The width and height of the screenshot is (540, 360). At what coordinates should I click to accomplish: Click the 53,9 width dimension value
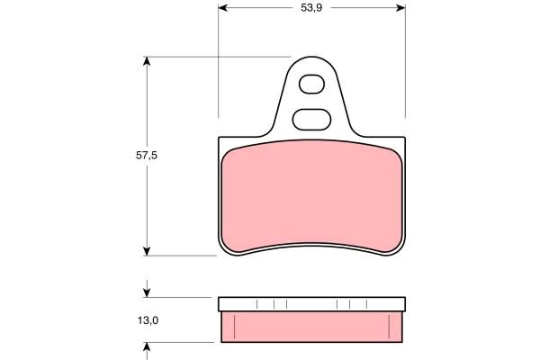point(311,8)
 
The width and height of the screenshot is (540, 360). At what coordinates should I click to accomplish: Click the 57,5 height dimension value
point(147,156)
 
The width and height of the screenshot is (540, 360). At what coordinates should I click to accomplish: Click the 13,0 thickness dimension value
point(148,320)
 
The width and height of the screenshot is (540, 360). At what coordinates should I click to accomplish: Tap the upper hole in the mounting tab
point(311,85)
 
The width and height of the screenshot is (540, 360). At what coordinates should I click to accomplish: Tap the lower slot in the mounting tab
point(311,120)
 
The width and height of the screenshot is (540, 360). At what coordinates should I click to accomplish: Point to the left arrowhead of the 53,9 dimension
point(223,8)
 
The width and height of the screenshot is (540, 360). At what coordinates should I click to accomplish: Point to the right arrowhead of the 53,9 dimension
point(400,8)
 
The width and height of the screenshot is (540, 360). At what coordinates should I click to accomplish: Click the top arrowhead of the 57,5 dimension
point(147,61)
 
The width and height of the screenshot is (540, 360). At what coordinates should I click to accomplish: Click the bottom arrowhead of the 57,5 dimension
point(147,251)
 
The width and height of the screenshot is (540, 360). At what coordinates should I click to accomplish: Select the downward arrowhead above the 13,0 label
point(147,292)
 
